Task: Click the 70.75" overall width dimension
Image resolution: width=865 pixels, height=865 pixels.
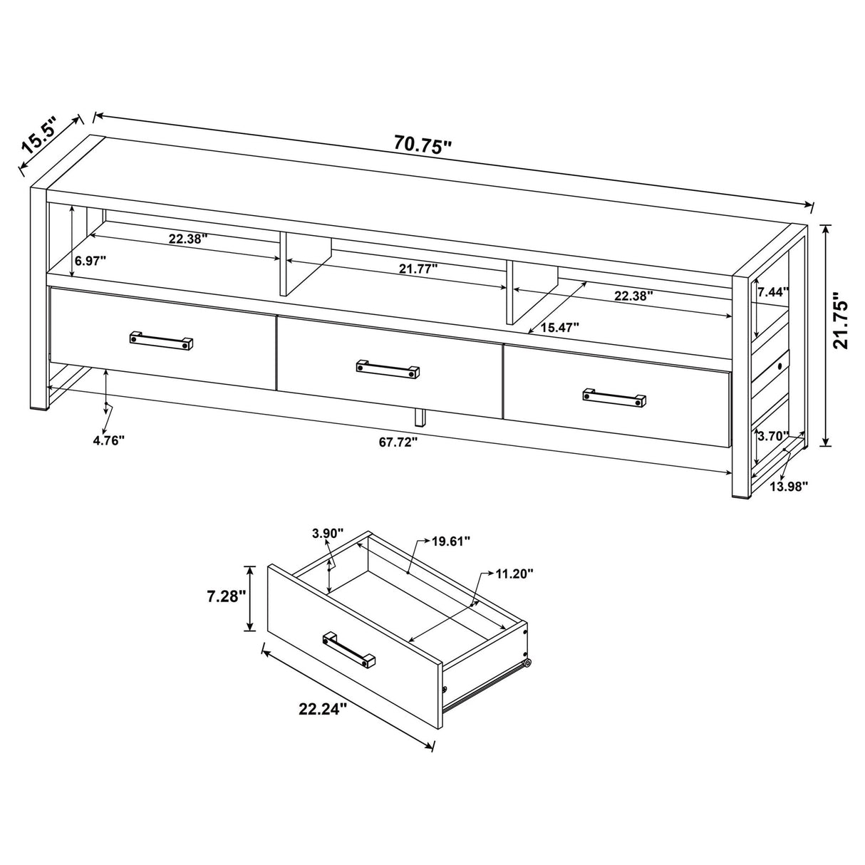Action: point(423,145)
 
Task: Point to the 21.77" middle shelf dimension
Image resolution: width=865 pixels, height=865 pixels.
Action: point(418,269)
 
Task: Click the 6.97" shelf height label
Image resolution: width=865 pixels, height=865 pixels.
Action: point(90,261)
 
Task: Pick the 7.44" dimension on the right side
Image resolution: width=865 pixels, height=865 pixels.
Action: point(774,291)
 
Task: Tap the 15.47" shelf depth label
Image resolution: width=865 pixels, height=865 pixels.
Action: point(559,327)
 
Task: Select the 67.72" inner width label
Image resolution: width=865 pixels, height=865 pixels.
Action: point(398,442)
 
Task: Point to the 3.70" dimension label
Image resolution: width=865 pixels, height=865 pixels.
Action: point(774,436)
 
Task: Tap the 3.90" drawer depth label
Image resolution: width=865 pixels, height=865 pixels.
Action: point(328,534)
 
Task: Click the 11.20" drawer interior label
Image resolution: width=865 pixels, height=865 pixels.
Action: point(514,573)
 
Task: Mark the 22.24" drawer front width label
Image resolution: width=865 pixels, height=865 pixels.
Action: point(323,708)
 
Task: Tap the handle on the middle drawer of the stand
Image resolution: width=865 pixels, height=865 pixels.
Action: point(388,368)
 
